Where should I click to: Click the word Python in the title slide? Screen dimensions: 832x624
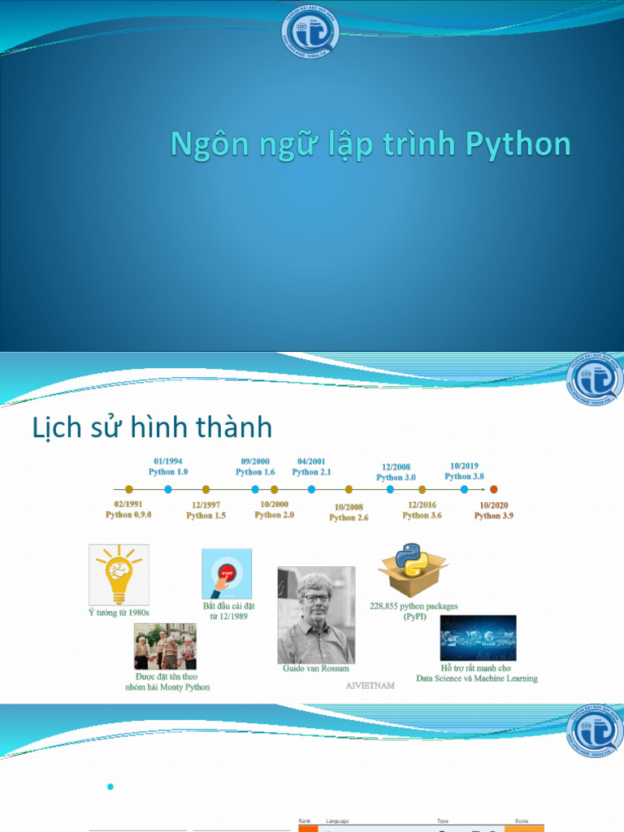coord(518,145)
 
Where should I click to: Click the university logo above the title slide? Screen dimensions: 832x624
coord(309,32)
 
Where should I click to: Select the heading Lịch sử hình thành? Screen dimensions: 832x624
coord(152,427)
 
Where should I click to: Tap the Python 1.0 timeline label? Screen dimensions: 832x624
coord(168,471)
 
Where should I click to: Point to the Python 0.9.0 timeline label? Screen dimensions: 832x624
coord(128,514)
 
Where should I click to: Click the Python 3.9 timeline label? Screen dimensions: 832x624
coord(494,515)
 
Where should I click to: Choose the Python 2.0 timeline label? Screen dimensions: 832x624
coord(275,515)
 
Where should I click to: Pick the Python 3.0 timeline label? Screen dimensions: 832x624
coord(396,478)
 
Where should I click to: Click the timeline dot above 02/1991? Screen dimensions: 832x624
coord(129,489)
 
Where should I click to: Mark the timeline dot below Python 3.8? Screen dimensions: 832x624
coord(465,489)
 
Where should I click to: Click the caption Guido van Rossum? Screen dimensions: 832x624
coord(316,669)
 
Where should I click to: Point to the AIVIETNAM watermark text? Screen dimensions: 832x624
coord(370,686)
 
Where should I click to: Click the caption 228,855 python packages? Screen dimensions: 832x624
coord(414,606)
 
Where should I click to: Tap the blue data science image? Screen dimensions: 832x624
coord(478,638)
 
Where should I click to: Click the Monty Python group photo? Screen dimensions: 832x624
coord(165,646)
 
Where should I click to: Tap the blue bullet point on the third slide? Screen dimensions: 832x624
coord(110,786)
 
